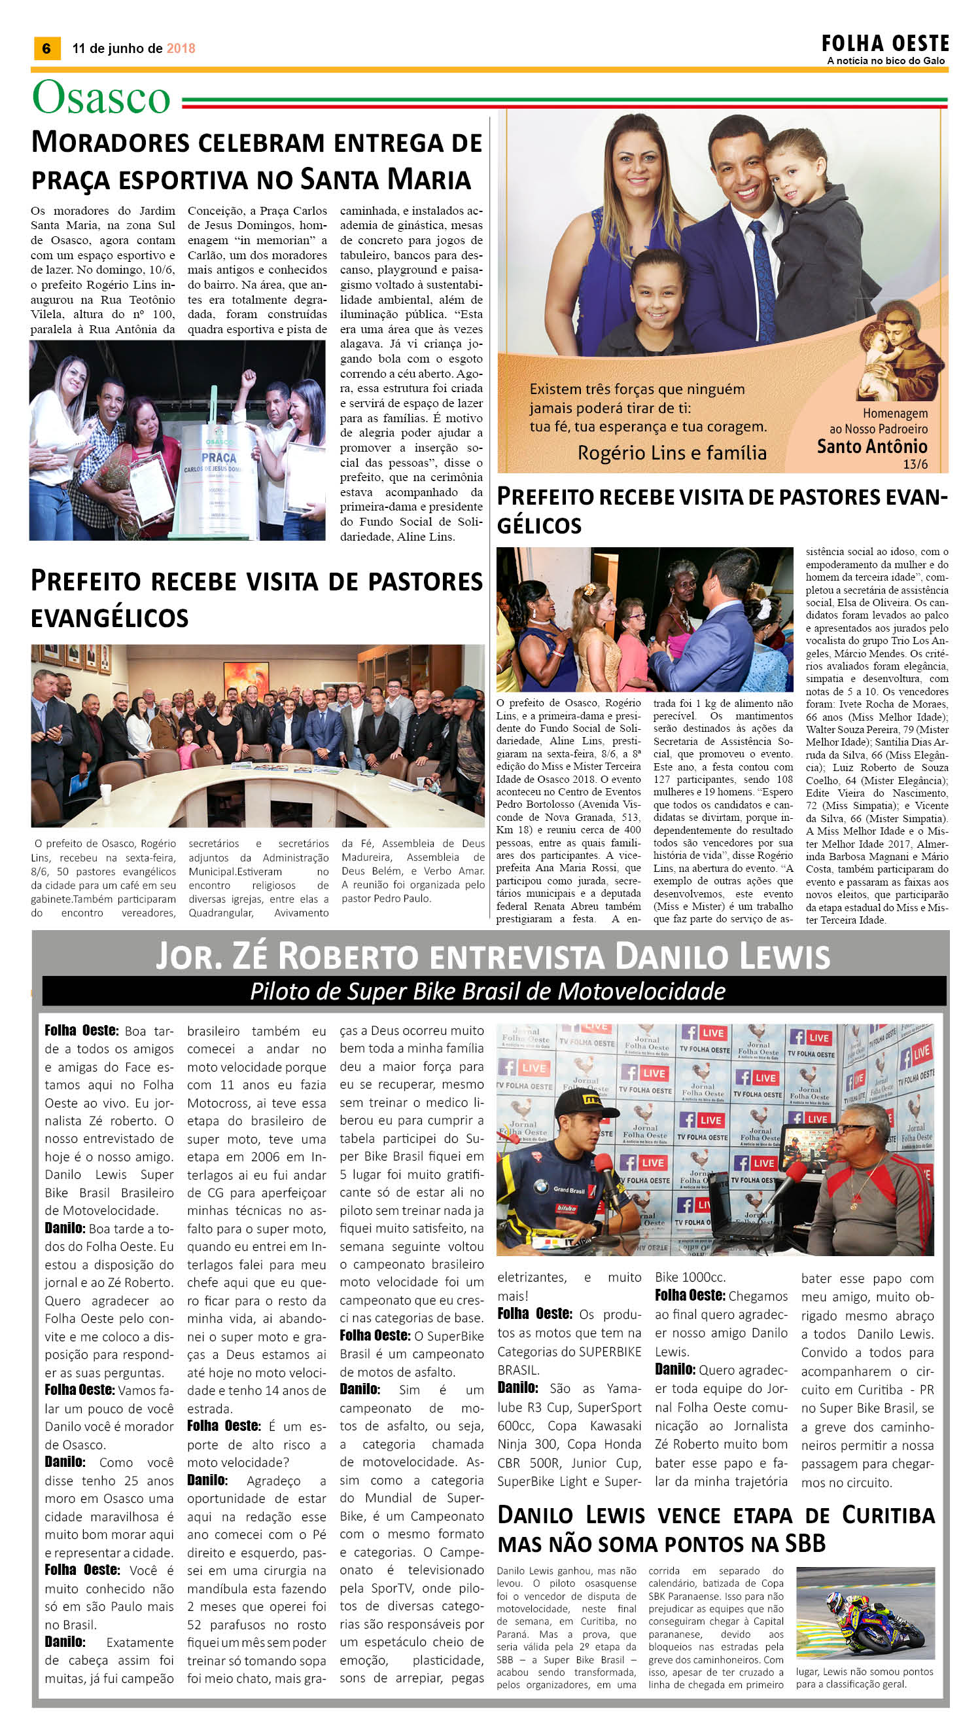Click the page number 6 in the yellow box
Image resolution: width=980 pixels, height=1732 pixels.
coord(46,48)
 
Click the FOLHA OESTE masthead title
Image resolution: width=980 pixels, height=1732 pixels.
coord(884,44)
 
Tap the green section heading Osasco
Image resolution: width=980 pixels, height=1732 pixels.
coord(101,98)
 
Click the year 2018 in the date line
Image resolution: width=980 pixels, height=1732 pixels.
coord(181,48)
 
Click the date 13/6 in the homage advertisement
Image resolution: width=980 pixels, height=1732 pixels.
coord(915,464)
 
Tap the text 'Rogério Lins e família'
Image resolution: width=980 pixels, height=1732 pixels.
coord(672,452)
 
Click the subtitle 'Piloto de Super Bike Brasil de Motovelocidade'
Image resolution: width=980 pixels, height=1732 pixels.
coord(487,991)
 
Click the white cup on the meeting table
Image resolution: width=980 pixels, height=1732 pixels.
coord(105,792)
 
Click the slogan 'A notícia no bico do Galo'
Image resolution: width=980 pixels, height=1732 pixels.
coord(886,61)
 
